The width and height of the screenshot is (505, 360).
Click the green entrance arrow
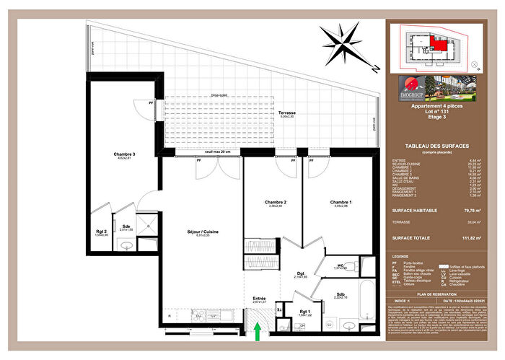(258, 333)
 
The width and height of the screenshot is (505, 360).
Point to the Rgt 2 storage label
(101, 232)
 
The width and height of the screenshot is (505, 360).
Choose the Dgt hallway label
(300, 273)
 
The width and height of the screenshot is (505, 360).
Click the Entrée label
(259, 297)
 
